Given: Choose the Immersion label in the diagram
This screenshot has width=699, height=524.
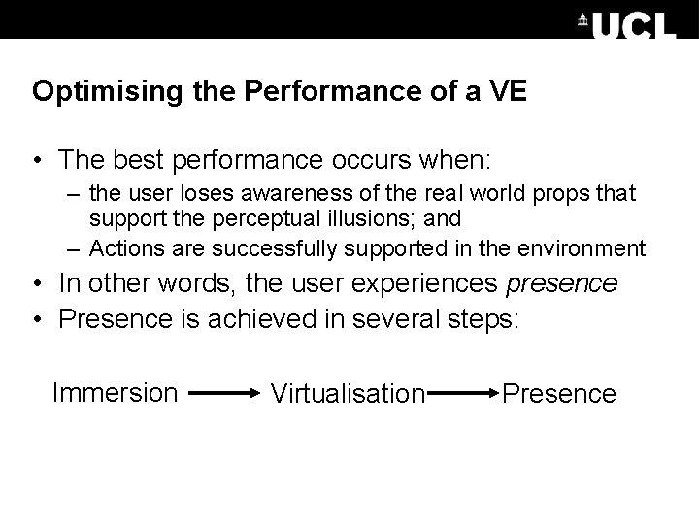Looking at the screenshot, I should [115, 392].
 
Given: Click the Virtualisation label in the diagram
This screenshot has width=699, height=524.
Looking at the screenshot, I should [348, 394].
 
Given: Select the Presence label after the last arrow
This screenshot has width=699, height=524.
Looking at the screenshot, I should [559, 393].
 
